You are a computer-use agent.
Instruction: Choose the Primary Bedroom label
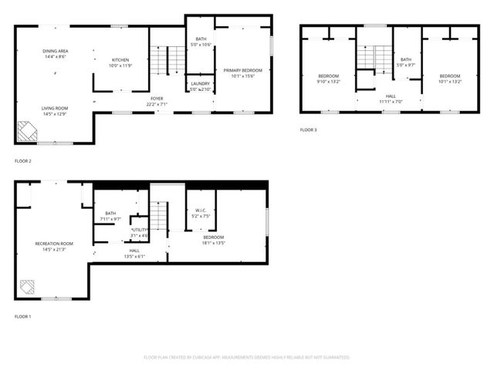243,70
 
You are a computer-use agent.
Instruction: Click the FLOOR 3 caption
308,129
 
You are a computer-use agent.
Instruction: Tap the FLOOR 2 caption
23,161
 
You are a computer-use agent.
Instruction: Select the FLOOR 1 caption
23,316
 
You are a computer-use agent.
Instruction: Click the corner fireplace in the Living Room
27,131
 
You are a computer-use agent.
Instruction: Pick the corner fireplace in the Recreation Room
28,287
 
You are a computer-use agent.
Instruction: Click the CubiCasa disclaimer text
247,358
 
